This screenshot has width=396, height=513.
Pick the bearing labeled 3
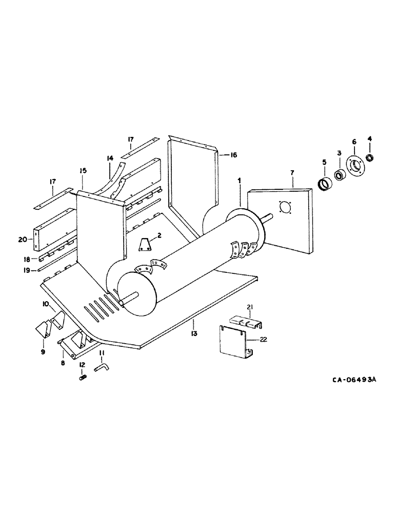[x=339, y=175]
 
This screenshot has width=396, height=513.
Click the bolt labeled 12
[x=82, y=379]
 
